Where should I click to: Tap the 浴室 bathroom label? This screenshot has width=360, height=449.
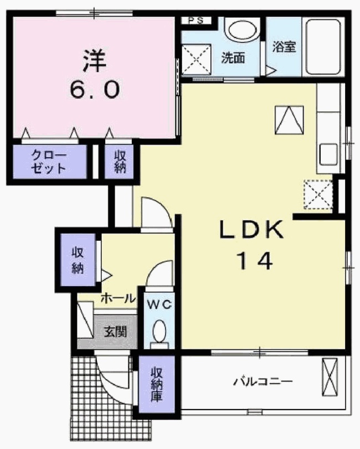pos(284,47)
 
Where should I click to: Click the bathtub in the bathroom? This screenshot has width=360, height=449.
pos(323,48)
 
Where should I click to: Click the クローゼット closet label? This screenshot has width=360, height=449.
pos(49,162)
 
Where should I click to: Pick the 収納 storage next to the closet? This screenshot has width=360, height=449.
pos(120,162)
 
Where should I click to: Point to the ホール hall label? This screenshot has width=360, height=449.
pos(117,299)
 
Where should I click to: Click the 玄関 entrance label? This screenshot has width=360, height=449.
pos(116,333)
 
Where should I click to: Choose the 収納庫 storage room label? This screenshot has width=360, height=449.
pos(157,384)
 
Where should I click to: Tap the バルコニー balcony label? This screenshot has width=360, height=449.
pos(262,381)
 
